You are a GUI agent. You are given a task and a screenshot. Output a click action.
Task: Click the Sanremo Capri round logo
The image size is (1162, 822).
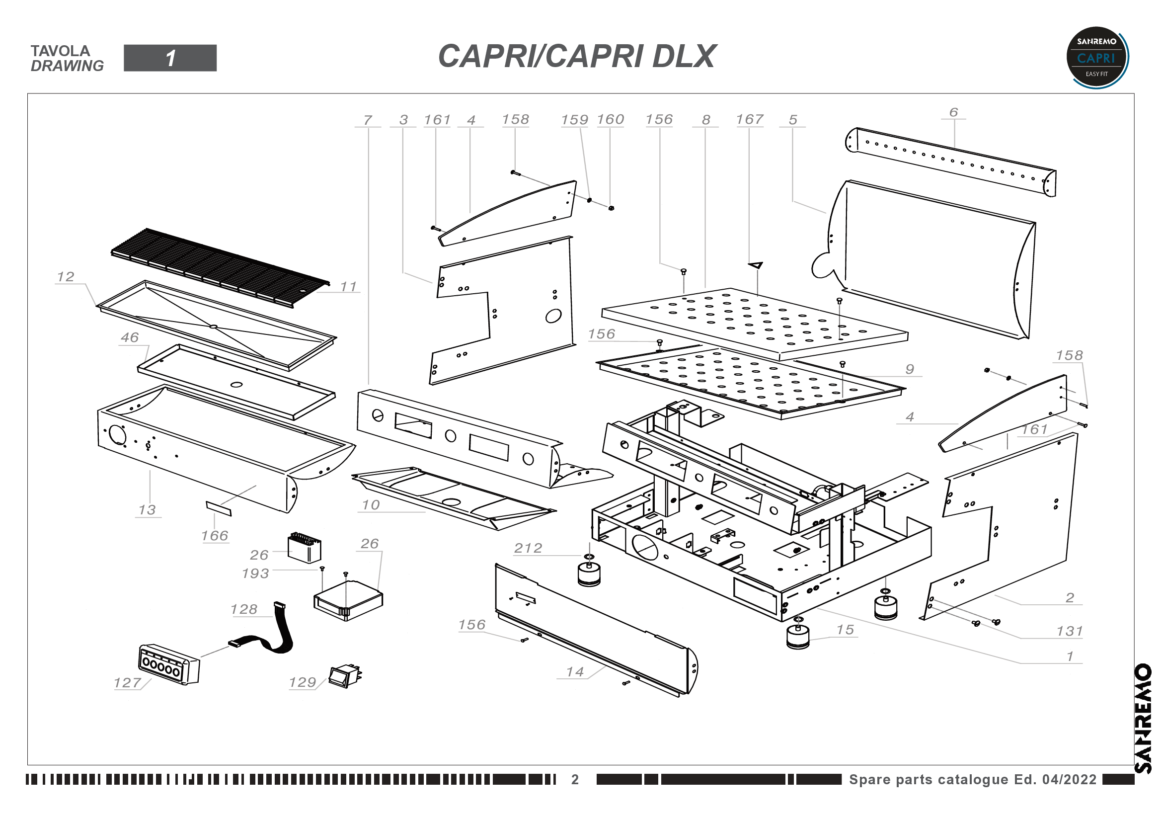pos(1097,58)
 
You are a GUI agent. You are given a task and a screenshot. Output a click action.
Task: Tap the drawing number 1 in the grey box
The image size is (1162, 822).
pos(170,58)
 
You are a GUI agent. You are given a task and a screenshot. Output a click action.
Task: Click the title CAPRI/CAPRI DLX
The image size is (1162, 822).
pos(576,56)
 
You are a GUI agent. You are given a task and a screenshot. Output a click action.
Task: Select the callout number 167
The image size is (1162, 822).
pos(749,119)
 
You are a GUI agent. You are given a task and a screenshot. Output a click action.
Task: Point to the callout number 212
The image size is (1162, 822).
pos(528,548)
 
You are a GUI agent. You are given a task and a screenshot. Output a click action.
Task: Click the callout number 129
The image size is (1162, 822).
pos(302,682)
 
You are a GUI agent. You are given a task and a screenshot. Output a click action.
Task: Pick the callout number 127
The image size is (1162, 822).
pos(127,683)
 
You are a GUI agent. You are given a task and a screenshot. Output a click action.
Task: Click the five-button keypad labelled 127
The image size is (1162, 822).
pos(168,664)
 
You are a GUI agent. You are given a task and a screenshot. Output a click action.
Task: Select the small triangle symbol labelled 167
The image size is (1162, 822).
pos(756,265)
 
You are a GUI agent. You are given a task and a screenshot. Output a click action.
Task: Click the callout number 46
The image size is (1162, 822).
pos(130,337)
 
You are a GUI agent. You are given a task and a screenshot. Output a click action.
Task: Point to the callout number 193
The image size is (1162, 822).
pos(255,574)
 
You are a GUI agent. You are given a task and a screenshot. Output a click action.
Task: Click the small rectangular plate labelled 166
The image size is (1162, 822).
pos(219,508)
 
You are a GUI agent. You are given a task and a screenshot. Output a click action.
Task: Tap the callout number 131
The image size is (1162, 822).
pos(1069,631)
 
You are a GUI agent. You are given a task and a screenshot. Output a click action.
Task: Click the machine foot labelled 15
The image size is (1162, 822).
pos(798,636)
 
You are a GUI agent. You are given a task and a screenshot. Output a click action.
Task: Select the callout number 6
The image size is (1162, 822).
pos(953,112)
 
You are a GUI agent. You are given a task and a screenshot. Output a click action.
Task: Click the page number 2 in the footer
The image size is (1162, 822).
pos(575,779)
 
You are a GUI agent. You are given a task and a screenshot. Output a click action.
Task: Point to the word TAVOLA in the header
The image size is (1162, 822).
pos(60,51)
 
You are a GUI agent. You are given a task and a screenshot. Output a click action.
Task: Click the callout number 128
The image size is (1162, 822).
pos(244,609)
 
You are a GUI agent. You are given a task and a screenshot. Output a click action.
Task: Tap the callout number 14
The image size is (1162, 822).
pos(575,672)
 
